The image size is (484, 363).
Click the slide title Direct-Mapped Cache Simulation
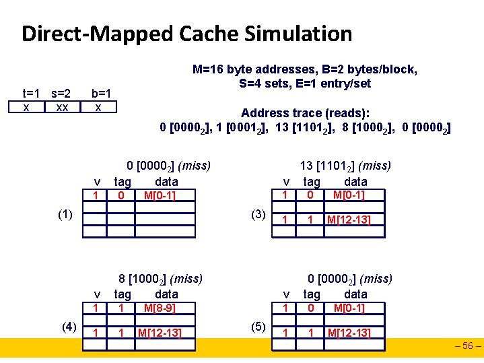coord(186,34)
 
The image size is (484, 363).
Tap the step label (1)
coord(65,214)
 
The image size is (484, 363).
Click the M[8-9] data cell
coord(160,308)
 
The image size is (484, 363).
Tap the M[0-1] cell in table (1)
coord(160,195)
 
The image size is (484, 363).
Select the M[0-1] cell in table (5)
coord(349,308)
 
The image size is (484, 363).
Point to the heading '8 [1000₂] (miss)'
coord(160,278)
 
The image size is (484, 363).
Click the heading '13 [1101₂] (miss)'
coord(345,165)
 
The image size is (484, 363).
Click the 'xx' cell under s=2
coord(61,107)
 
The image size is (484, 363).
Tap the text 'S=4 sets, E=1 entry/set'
coord(304,84)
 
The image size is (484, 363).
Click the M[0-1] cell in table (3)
coord(349,195)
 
